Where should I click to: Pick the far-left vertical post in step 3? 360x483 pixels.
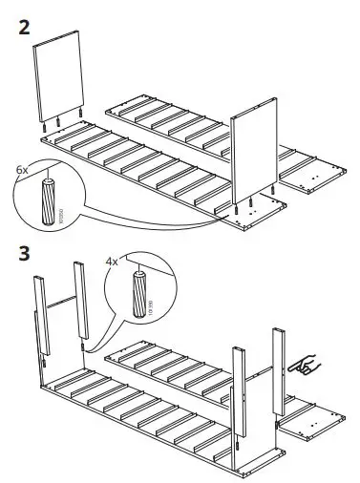click(x=41, y=320)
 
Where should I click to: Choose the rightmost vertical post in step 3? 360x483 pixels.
click(x=280, y=372)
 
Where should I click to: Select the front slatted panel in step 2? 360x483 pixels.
click(x=143, y=177)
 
